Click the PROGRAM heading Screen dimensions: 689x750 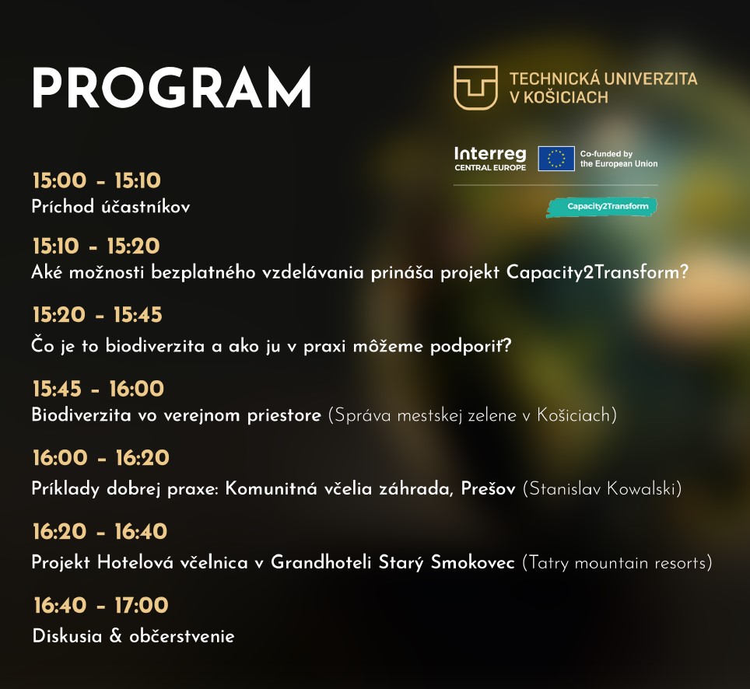[x=171, y=88]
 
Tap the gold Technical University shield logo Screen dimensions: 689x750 [x=475, y=87]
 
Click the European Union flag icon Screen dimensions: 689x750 [x=555, y=159]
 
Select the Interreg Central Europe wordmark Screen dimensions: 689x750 [x=490, y=158]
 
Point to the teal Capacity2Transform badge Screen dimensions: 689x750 [x=601, y=207]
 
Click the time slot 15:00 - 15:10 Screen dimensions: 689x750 [x=96, y=181]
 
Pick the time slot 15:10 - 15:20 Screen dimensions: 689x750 [x=96, y=247]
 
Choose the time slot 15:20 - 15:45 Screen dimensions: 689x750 [x=97, y=315]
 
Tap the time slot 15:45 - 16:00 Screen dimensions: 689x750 [x=98, y=389]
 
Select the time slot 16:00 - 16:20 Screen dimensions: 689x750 [x=101, y=458]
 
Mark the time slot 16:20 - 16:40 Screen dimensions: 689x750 [x=100, y=532]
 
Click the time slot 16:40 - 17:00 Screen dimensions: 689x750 [x=101, y=605]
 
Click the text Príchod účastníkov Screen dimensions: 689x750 [x=110, y=207]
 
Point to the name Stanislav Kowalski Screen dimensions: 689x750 [x=602, y=489]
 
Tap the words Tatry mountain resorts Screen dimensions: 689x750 [x=617, y=562]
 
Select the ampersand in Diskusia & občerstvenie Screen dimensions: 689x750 [x=116, y=636]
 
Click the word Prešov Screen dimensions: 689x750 [x=487, y=489]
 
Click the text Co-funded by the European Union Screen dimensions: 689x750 [x=619, y=159]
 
